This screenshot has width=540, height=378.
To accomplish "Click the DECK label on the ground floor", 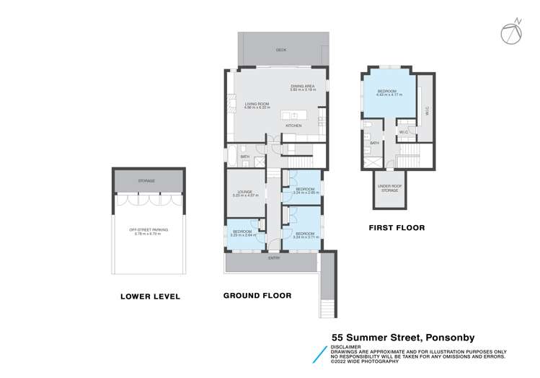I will click(x=281, y=50).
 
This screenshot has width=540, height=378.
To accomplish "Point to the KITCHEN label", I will click(x=293, y=126).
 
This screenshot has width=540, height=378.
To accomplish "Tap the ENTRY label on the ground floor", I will click(x=274, y=258).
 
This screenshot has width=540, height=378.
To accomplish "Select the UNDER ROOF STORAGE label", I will click(x=389, y=188).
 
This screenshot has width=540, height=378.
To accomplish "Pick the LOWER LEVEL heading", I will click(x=150, y=296).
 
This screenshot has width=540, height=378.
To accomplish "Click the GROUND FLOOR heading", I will click(x=257, y=296).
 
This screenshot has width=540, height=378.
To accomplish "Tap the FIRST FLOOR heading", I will click(x=397, y=228).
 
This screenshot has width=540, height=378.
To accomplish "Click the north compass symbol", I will click(x=512, y=30).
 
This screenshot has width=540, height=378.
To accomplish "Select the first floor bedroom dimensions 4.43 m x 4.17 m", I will click(x=389, y=94).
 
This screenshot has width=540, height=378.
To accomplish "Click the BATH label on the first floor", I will click(x=375, y=143).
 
